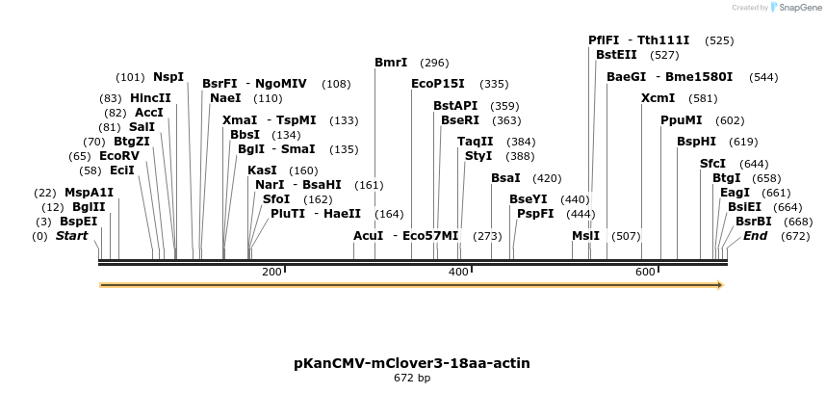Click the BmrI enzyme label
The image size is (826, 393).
391,63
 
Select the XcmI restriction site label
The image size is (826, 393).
658,98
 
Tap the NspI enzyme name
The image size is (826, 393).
168,77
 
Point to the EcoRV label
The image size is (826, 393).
119,155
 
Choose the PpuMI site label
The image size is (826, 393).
681,120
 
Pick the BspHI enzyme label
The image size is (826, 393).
696,142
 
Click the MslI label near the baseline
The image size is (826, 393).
585,236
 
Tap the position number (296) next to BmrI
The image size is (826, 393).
434,63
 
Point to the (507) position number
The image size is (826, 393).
626,236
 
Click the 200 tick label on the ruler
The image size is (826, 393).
271,273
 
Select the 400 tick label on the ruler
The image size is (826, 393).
458,273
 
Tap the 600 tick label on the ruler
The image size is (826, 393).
645,273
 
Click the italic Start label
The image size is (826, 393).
71,236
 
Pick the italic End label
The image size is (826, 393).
755,236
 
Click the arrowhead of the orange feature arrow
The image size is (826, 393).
718,285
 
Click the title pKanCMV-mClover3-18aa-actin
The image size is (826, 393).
412,363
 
